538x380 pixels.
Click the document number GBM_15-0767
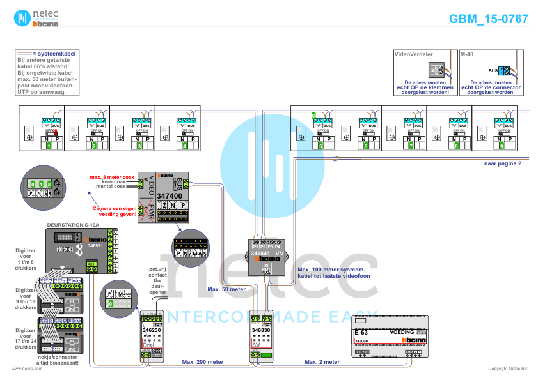489,19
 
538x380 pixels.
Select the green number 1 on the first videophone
49,146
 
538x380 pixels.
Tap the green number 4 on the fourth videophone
186,146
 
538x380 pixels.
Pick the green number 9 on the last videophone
503,146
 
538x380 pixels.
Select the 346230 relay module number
152,330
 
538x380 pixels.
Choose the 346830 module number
262,330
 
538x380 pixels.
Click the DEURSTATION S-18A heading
74,225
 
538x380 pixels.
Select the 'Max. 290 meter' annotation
203,362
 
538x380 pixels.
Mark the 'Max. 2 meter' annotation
322,362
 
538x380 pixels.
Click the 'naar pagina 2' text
503,163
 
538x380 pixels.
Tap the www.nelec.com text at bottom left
22,369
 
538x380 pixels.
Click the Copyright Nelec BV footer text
508,369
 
